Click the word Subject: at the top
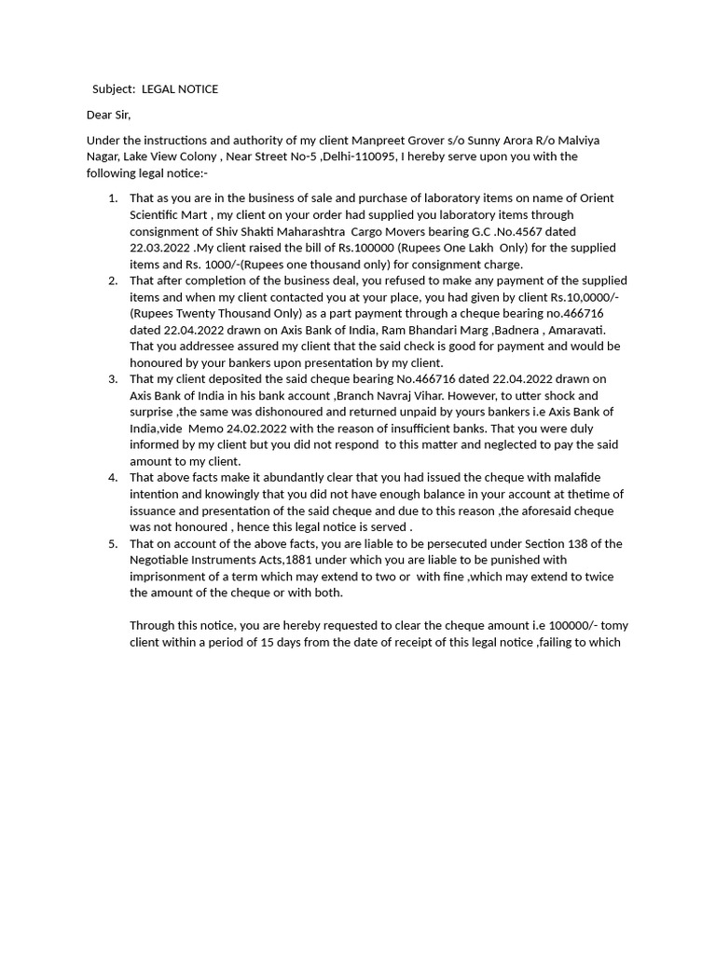point(114,89)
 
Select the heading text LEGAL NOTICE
point(180,89)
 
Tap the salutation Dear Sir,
point(109,116)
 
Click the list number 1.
point(113,198)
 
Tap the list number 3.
point(113,379)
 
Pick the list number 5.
point(113,544)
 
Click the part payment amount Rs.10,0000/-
point(586,297)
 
